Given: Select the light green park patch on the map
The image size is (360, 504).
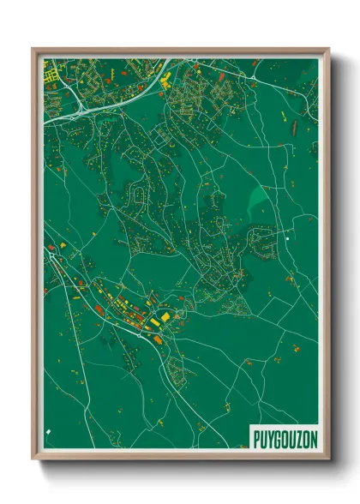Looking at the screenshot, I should (x=257, y=201).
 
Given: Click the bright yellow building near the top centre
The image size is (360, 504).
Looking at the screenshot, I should (x=166, y=78).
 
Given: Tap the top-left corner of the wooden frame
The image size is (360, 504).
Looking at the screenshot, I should (x=33, y=50).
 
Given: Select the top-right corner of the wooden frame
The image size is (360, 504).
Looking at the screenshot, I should (x=328, y=50).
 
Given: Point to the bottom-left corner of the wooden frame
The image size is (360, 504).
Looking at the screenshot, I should (x=33, y=460).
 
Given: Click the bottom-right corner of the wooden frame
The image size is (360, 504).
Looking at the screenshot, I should (x=328, y=460).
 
